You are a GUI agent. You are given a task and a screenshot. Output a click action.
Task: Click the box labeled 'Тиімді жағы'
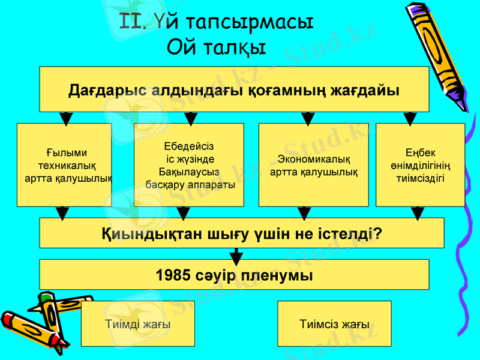(137, 324)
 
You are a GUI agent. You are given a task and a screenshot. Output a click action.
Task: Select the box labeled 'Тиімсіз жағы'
(334, 324)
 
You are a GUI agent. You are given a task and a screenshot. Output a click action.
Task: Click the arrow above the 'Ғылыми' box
(67, 118)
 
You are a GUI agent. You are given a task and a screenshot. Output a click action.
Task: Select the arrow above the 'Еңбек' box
(410, 118)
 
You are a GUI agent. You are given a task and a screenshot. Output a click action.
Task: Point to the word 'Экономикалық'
(314, 159)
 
